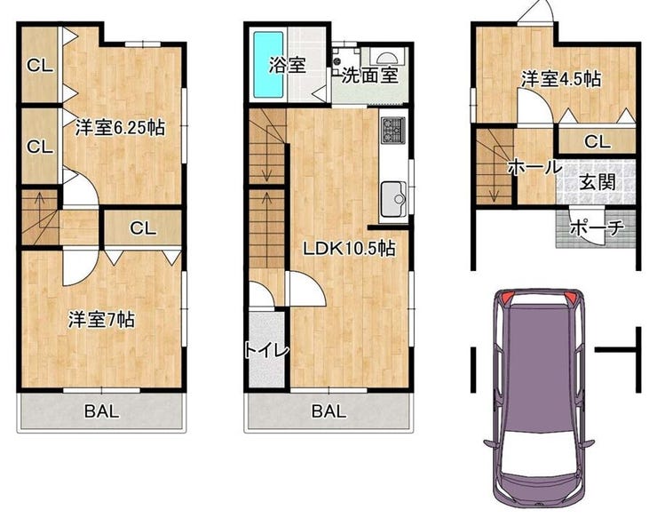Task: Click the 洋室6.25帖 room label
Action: pos(120,128)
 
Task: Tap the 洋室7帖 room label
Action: pos(101,320)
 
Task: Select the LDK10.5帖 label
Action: pos(350,249)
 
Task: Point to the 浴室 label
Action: pos(287,65)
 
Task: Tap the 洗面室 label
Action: pos(369,76)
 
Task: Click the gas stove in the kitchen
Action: pos(393,131)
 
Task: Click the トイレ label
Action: pos(267,350)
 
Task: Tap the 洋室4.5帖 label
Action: pos(560,79)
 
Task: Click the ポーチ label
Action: pos(598,227)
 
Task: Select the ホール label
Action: pos(534,167)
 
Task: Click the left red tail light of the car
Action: pos(505,298)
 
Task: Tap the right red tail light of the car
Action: pos(571,298)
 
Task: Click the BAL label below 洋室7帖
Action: pos(102,411)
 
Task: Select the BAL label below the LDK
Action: pos(328,411)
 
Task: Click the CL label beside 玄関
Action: pos(598,142)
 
